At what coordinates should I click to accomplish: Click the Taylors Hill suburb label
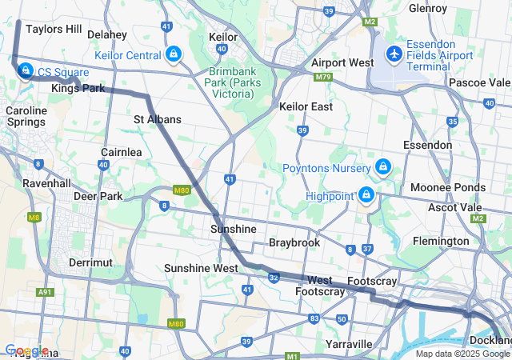click(x=54, y=29)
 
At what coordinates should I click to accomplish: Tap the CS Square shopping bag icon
click(x=26, y=71)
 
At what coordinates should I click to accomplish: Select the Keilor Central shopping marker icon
click(x=174, y=54)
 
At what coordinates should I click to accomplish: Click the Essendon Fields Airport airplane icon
click(x=394, y=54)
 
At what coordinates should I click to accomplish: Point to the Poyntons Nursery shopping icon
click(x=383, y=167)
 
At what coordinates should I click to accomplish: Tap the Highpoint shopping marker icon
click(x=366, y=195)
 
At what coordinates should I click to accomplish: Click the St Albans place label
click(x=158, y=119)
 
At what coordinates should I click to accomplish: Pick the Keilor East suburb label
click(x=306, y=106)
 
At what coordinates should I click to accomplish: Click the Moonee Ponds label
click(x=447, y=187)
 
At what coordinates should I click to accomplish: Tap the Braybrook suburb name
click(x=294, y=242)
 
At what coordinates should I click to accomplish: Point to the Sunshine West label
click(x=201, y=268)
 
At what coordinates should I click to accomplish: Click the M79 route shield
click(x=323, y=77)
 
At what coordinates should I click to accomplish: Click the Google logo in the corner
click(x=26, y=350)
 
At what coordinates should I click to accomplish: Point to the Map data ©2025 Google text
click(x=462, y=354)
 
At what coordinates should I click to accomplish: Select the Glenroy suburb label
click(x=427, y=8)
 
